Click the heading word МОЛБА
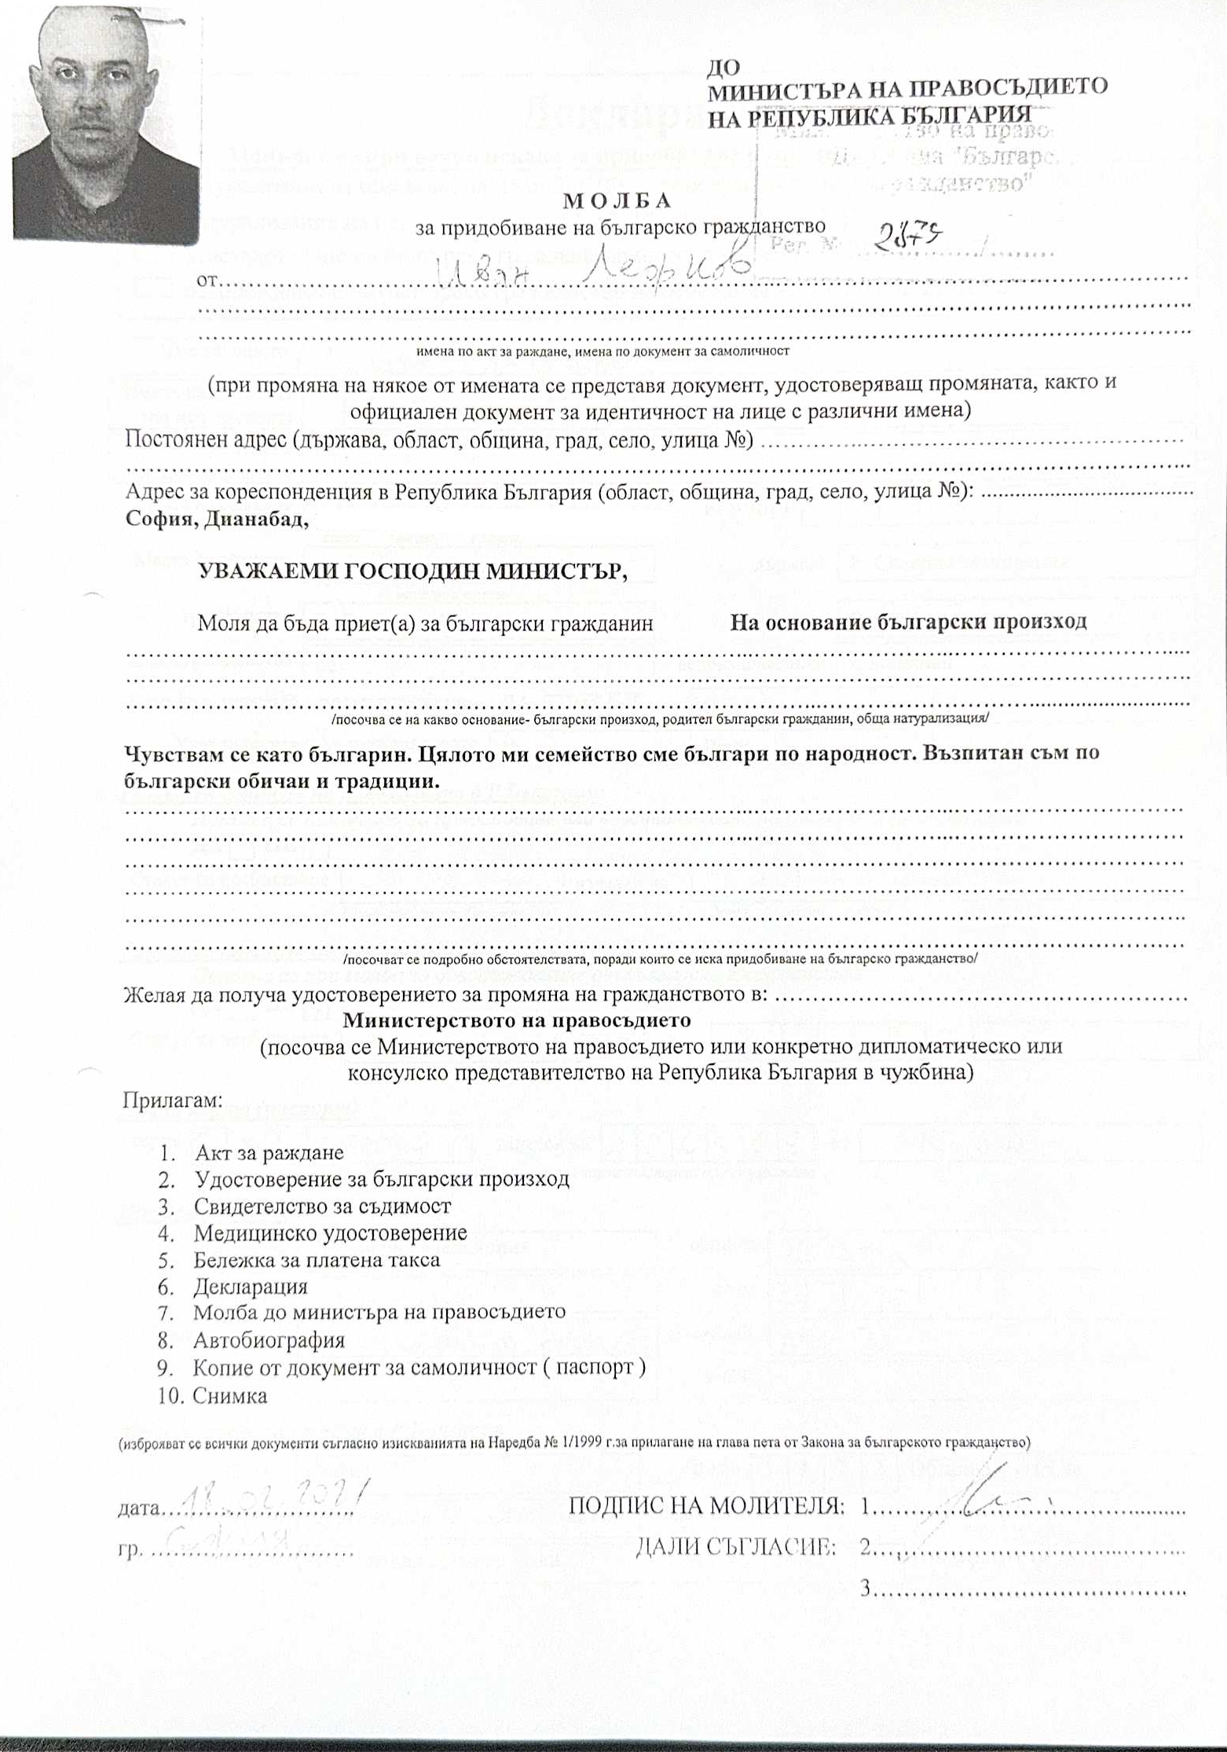tap(617, 200)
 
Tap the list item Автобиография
tap(269, 1339)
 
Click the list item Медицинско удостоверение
tap(330, 1233)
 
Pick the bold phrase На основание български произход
tap(909, 622)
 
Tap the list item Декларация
tap(251, 1287)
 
